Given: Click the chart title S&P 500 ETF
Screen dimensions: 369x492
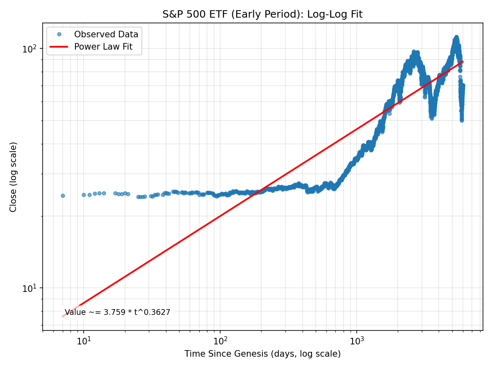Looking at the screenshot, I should [262, 14].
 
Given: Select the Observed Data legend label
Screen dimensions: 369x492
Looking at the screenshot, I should [106, 34].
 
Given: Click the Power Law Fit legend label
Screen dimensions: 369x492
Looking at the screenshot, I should [103, 47].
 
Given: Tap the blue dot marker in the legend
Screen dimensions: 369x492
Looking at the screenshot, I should [59, 34].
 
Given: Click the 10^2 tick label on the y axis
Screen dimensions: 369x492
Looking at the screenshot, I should [30, 49].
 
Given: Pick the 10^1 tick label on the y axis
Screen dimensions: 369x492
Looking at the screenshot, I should [30, 288].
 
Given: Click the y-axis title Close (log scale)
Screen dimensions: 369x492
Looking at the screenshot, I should [14, 177].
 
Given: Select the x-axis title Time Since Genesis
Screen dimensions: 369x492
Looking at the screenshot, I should [262, 354].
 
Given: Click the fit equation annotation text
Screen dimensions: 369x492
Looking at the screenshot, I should [117, 312].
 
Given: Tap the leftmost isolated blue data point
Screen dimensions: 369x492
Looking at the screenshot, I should [63, 196].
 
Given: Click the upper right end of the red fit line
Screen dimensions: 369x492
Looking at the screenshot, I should [463, 61].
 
